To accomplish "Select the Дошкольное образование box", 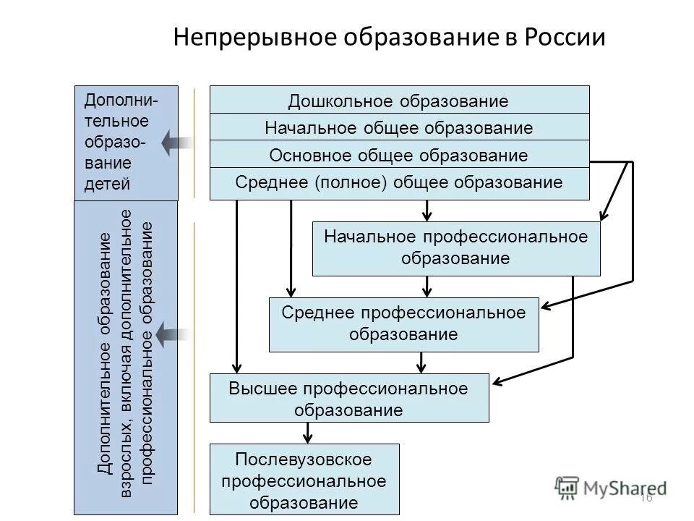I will tap(399, 101).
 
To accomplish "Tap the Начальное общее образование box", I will tap(399, 128).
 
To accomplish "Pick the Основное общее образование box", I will tap(399, 156).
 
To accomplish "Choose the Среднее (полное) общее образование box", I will tap(399, 183).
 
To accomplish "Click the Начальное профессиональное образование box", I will tap(455, 248).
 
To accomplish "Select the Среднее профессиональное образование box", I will tap(403, 323).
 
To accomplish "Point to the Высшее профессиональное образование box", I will tap(348, 398).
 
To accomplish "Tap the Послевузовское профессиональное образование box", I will tap(304, 479).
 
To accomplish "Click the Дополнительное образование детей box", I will tap(126, 143).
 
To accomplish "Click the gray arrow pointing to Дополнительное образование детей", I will tap(175, 143).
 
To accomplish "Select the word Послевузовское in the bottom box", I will tap(304, 459).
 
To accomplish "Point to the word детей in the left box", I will tap(108, 183).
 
